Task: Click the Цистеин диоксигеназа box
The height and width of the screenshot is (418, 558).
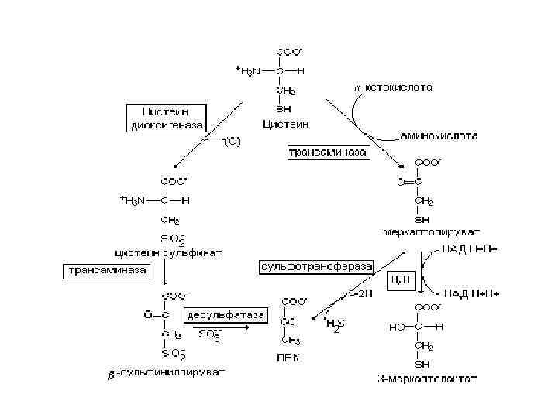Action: [167, 118]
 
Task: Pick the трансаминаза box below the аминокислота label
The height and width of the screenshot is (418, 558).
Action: [328, 153]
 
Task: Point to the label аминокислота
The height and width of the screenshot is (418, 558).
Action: [439, 135]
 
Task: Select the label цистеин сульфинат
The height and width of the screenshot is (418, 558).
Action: [168, 252]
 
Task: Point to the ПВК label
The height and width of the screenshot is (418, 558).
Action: [288, 358]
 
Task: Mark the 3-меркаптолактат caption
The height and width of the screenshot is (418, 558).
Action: [427, 379]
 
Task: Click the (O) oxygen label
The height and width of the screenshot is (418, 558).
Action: [231, 142]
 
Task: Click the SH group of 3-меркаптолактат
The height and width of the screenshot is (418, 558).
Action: [423, 364]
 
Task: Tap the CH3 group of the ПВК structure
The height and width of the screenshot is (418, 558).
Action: [291, 341]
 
